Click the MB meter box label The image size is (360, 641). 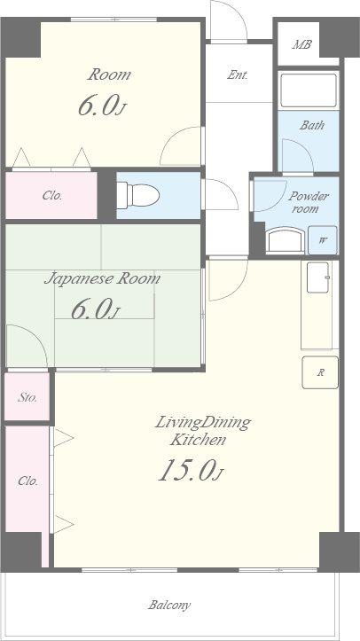[301, 44]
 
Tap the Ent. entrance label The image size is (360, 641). [238, 74]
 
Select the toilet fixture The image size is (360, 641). [138, 196]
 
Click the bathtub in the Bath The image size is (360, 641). [309, 90]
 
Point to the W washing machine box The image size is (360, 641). [323, 240]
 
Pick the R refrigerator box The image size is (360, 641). [320, 372]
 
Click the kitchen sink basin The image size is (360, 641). [318, 278]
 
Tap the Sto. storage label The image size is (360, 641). [27, 397]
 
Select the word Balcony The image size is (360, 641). [169, 605]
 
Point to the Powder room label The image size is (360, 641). [308, 202]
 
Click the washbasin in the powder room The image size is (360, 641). [286, 240]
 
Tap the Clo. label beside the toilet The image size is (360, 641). [52, 196]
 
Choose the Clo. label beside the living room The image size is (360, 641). [27, 481]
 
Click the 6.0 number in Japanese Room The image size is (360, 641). [91, 309]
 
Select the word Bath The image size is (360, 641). [312, 125]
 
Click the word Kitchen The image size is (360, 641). [198, 441]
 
